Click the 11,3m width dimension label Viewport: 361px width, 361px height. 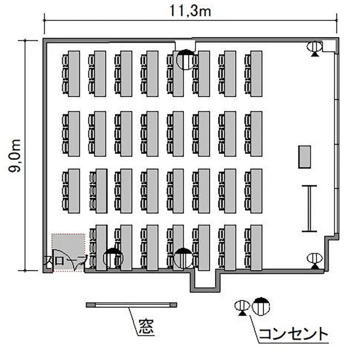(x=190, y=11)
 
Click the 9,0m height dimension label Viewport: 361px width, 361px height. (x=15, y=155)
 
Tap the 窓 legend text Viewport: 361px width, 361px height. (x=146, y=327)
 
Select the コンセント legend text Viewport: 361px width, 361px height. (x=293, y=334)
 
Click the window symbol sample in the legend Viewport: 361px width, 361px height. (x=131, y=305)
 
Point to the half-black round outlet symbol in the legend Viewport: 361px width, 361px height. (x=261, y=306)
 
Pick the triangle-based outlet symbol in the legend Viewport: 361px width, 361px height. (x=242, y=308)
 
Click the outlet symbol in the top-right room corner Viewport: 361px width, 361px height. (x=314, y=49)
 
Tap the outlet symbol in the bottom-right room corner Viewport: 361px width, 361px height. (x=315, y=261)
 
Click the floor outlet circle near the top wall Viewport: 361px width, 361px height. (x=186, y=60)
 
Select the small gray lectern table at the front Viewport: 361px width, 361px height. (x=305, y=157)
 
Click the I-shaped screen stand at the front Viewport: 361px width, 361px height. (x=309, y=208)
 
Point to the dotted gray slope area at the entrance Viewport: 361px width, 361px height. (x=68, y=253)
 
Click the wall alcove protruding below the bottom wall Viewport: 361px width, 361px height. (x=206, y=282)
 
